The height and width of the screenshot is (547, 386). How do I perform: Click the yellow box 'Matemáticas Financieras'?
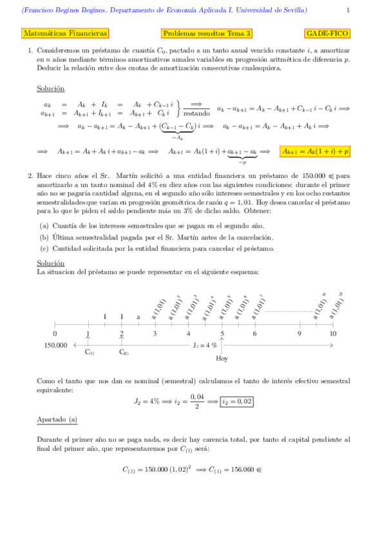[x=65, y=33]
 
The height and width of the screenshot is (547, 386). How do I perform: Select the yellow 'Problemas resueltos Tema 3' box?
[x=207, y=33]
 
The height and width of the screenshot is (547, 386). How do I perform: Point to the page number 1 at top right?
[x=348, y=10]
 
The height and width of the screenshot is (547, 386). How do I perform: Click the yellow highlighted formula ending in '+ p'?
[x=315, y=152]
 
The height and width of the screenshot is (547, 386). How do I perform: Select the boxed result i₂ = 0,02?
[x=237, y=401]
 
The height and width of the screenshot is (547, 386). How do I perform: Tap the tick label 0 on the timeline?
[x=55, y=333]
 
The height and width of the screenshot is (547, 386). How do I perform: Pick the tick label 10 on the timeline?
[x=333, y=333]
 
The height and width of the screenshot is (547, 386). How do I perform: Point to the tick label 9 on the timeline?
[x=299, y=333]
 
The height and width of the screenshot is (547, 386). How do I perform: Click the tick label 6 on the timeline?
[x=255, y=333]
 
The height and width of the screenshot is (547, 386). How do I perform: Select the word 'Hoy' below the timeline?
[x=222, y=359]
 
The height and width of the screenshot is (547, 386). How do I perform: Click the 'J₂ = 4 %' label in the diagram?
[x=205, y=345]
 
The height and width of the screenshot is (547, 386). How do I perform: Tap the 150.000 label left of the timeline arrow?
[x=55, y=345]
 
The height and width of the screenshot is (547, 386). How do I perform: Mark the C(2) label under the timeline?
[x=123, y=352]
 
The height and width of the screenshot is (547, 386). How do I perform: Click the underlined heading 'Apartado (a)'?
[x=57, y=419]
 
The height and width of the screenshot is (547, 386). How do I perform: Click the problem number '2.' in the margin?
[x=30, y=175]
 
